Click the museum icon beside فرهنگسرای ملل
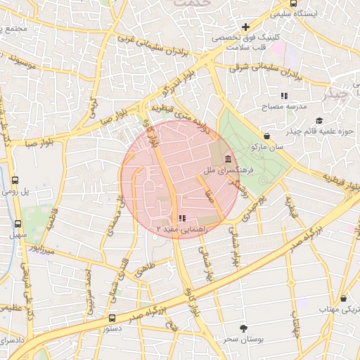coord(229,161)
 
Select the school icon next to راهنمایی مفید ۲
coord(183,219)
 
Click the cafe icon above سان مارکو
coord(266,136)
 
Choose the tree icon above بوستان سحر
coord(243,328)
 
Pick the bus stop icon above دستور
coord(112,318)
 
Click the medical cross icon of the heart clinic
coord(245,27)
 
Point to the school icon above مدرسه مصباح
coord(284,95)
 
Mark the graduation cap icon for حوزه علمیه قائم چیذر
coord(320,121)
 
